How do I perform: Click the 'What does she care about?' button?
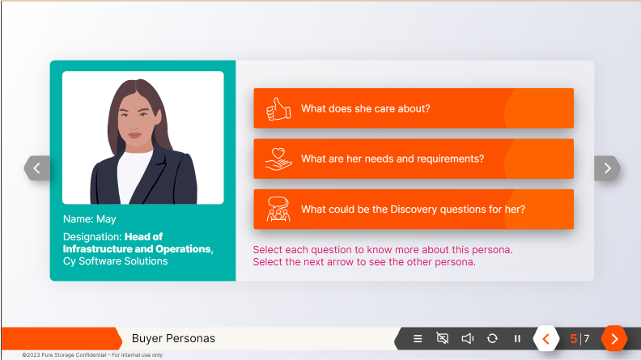coord(413,108)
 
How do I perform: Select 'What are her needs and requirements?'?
coord(413,159)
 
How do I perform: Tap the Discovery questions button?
coord(413,209)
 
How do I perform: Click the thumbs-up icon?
coord(278,108)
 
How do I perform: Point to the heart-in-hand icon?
coord(278,159)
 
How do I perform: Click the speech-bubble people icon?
coord(278,210)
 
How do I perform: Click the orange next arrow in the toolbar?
coord(614,339)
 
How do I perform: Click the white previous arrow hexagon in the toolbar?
coord(545,339)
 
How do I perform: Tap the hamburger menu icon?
coord(418,339)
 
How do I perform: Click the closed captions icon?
coord(442,339)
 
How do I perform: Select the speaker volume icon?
coord(467,339)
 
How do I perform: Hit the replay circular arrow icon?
coord(492,339)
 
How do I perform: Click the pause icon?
coord(517,339)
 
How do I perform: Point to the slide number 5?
coord(574,339)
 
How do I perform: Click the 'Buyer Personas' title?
coord(173,338)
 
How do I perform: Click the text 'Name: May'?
coord(90,218)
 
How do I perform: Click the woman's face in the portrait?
coord(142,121)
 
